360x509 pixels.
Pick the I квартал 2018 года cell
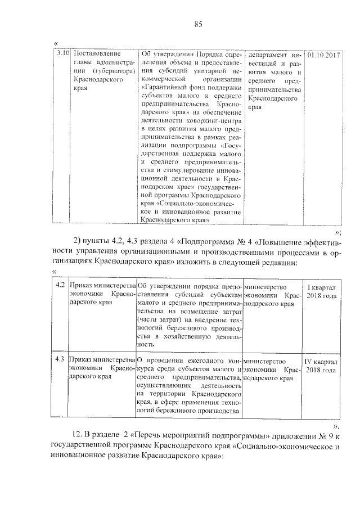pyautogui.click(x=321, y=291)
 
